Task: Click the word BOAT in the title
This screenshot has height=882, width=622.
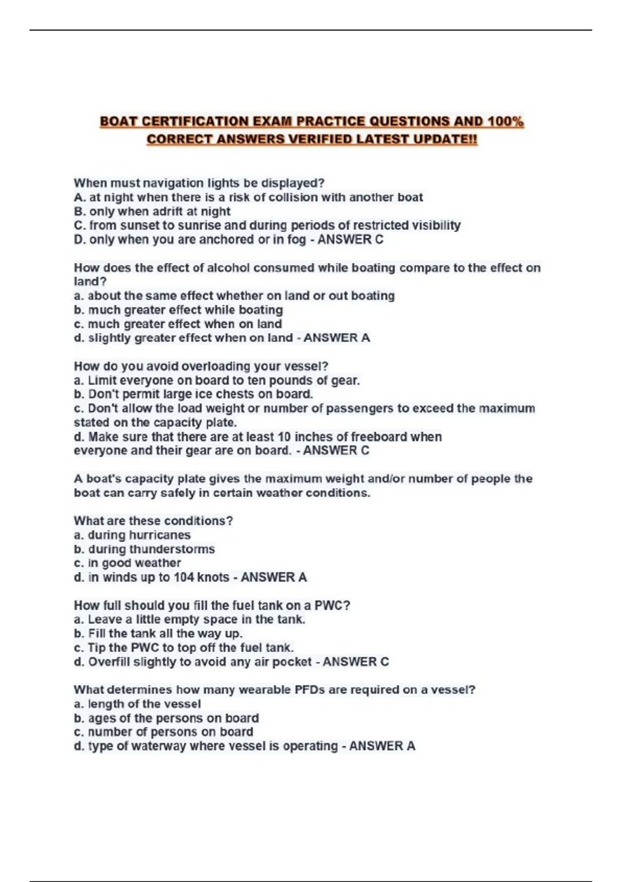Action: coord(118,121)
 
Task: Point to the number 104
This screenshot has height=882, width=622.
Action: coord(183,577)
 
